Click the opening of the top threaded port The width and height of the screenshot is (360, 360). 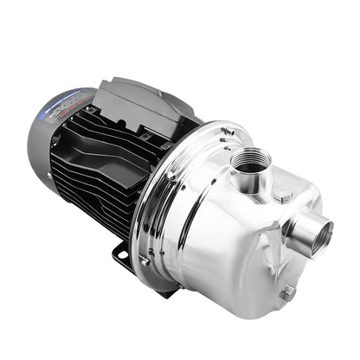pyautogui.click(x=252, y=161)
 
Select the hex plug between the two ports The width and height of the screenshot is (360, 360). pyautogui.click(x=285, y=197)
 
